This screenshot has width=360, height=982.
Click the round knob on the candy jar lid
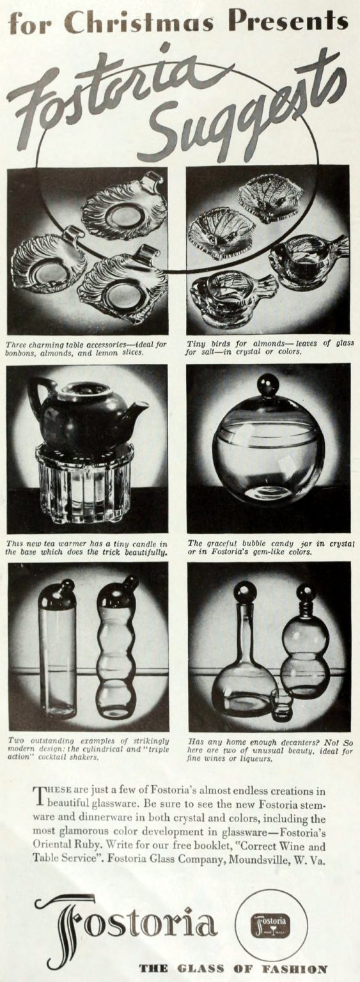268,384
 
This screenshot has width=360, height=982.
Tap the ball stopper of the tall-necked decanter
244,591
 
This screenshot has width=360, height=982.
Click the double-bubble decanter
305,652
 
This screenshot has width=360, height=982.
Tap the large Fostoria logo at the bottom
128,924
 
